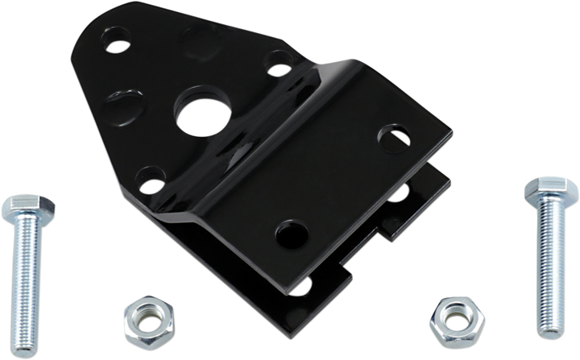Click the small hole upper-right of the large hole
[274, 60]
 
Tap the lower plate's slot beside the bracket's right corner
[400, 193]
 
